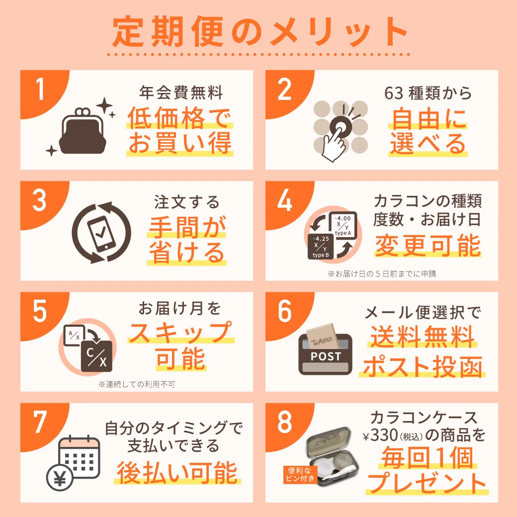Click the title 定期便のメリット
pyautogui.click(x=258, y=33)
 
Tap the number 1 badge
pyautogui.click(x=40, y=90)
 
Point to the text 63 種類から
pyautogui.click(x=428, y=93)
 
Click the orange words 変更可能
pyautogui.click(x=428, y=245)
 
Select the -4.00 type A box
pyautogui.click(x=343, y=225)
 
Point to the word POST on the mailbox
pyautogui.click(x=326, y=356)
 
